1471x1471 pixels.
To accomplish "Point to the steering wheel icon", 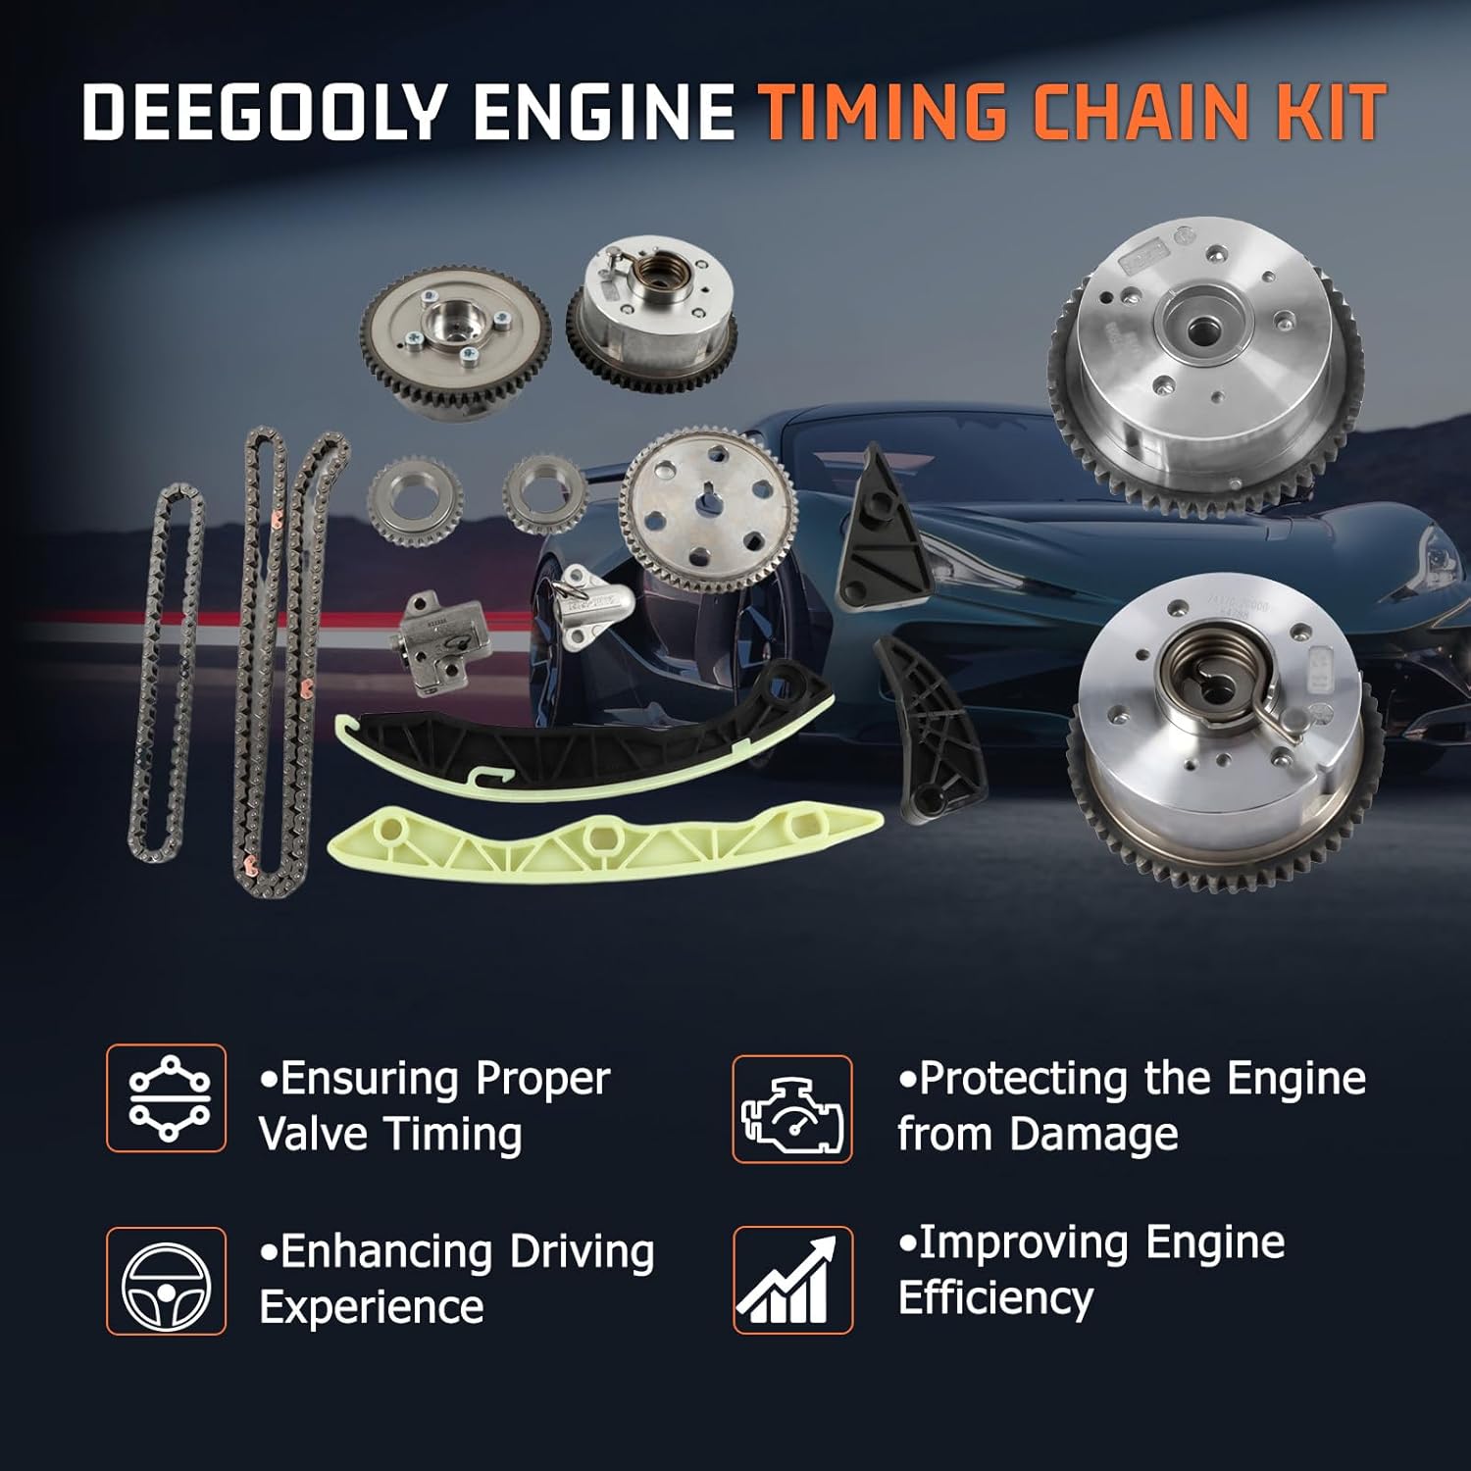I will [x=166, y=1281].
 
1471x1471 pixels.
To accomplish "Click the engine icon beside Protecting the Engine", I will [x=792, y=1109].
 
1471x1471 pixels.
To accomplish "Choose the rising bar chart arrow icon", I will [x=792, y=1280].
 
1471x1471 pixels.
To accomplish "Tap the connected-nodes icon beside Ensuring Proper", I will [x=166, y=1098].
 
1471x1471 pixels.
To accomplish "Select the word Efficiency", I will [x=995, y=1298].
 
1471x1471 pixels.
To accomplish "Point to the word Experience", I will [x=372, y=1307].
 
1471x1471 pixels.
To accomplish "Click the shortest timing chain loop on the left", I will [x=167, y=672].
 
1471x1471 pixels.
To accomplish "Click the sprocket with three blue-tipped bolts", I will [x=453, y=336].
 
